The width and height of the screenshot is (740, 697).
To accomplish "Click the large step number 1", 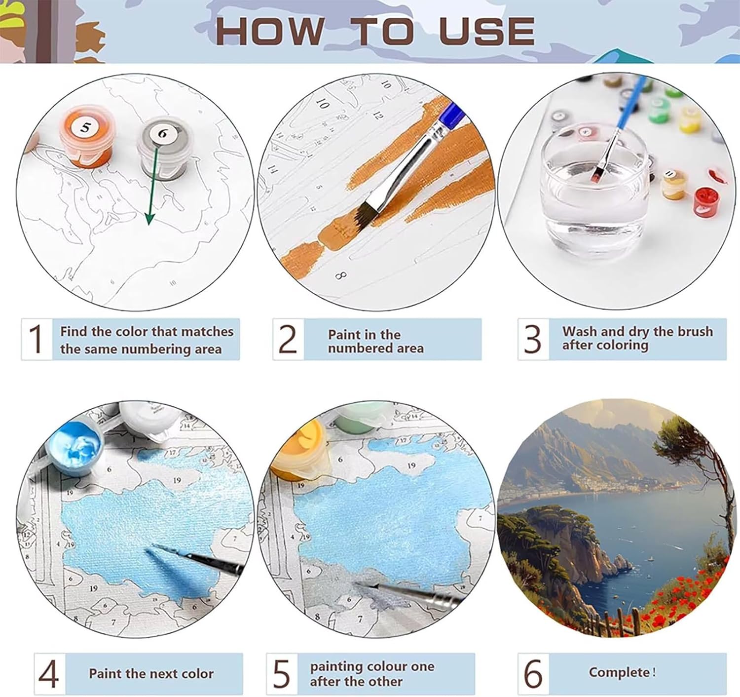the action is (x=36, y=339).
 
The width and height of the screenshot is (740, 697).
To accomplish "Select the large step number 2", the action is (x=288, y=339).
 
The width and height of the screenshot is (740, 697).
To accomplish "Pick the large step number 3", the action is (x=532, y=339).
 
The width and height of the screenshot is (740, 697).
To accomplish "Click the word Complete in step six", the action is (x=619, y=672).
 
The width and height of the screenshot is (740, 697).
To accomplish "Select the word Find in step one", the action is (x=73, y=331).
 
